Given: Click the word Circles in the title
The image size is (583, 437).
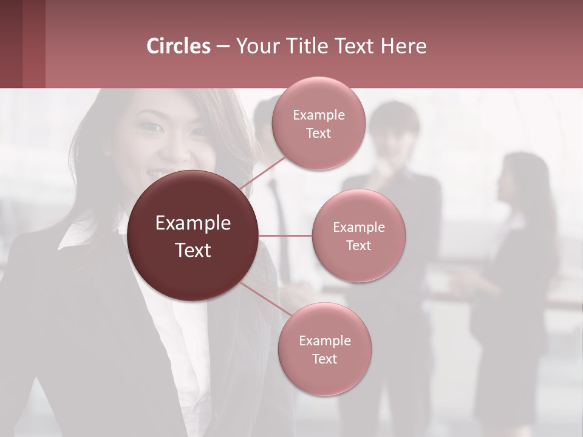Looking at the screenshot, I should (179, 46).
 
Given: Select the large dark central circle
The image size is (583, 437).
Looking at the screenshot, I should (193, 235).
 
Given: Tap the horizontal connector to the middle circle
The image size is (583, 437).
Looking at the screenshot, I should (285, 235).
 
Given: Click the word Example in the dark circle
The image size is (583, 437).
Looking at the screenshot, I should (193, 223).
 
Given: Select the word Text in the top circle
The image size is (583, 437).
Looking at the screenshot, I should (319, 133).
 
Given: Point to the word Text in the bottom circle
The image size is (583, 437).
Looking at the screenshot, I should (325, 359).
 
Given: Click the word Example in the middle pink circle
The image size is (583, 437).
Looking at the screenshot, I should (359, 228).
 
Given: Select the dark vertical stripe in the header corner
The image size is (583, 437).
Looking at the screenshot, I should (34, 44).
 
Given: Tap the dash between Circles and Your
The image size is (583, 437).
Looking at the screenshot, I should (223, 47).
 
